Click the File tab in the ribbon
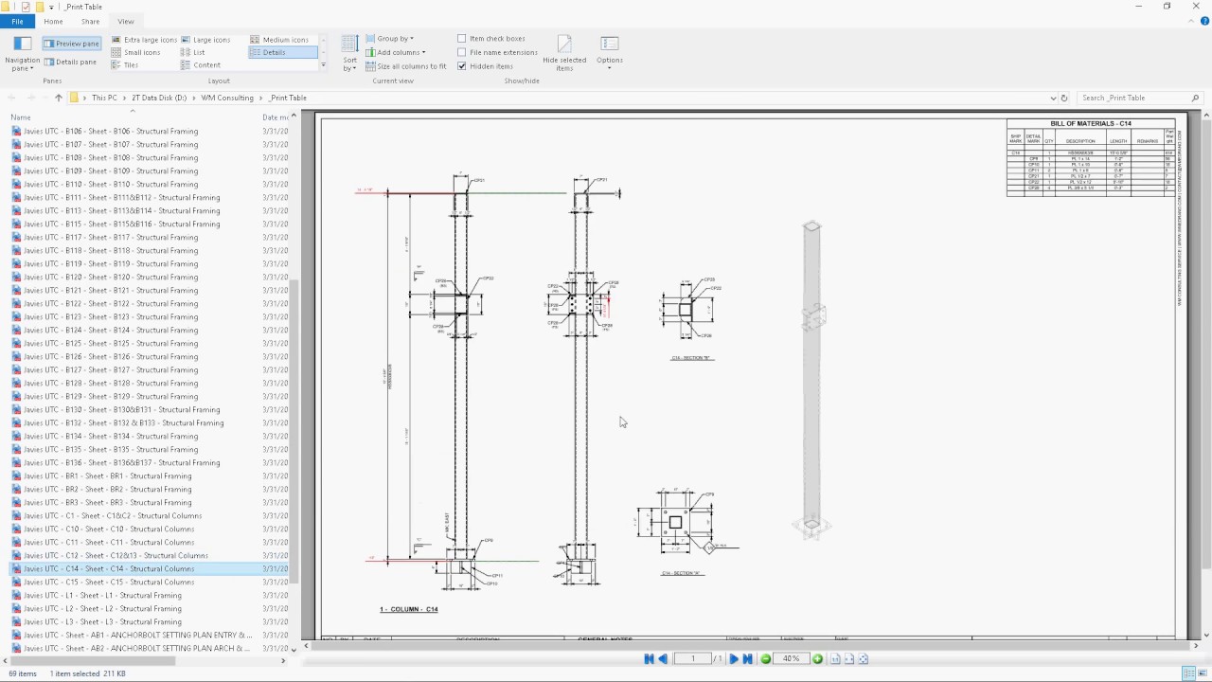pyautogui.click(x=17, y=21)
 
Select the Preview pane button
pyautogui.click(x=71, y=44)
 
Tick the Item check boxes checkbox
pyautogui.click(x=462, y=39)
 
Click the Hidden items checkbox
pyautogui.click(x=462, y=66)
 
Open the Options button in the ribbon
pyautogui.click(x=609, y=49)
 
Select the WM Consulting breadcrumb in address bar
pyautogui.click(x=227, y=98)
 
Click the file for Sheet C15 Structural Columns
pyautogui.click(x=109, y=583)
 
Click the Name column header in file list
pyautogui.click(x=21, y=117)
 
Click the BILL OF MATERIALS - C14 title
pyautogui.click(x=1091, y=124)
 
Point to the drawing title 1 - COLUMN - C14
pyautogui.click(x=409, y=609)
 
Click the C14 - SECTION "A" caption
pyautogui.click(x=682, y=573)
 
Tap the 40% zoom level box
pyautogui.click(x=791, y=658)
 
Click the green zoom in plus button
pyautogui.click(x=817, y=658)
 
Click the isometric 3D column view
pyautogui.click(x=811, y=379)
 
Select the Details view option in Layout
pyautogui.click(x=274, y=52)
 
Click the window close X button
pyautogui.click(x=1196, y=7)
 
